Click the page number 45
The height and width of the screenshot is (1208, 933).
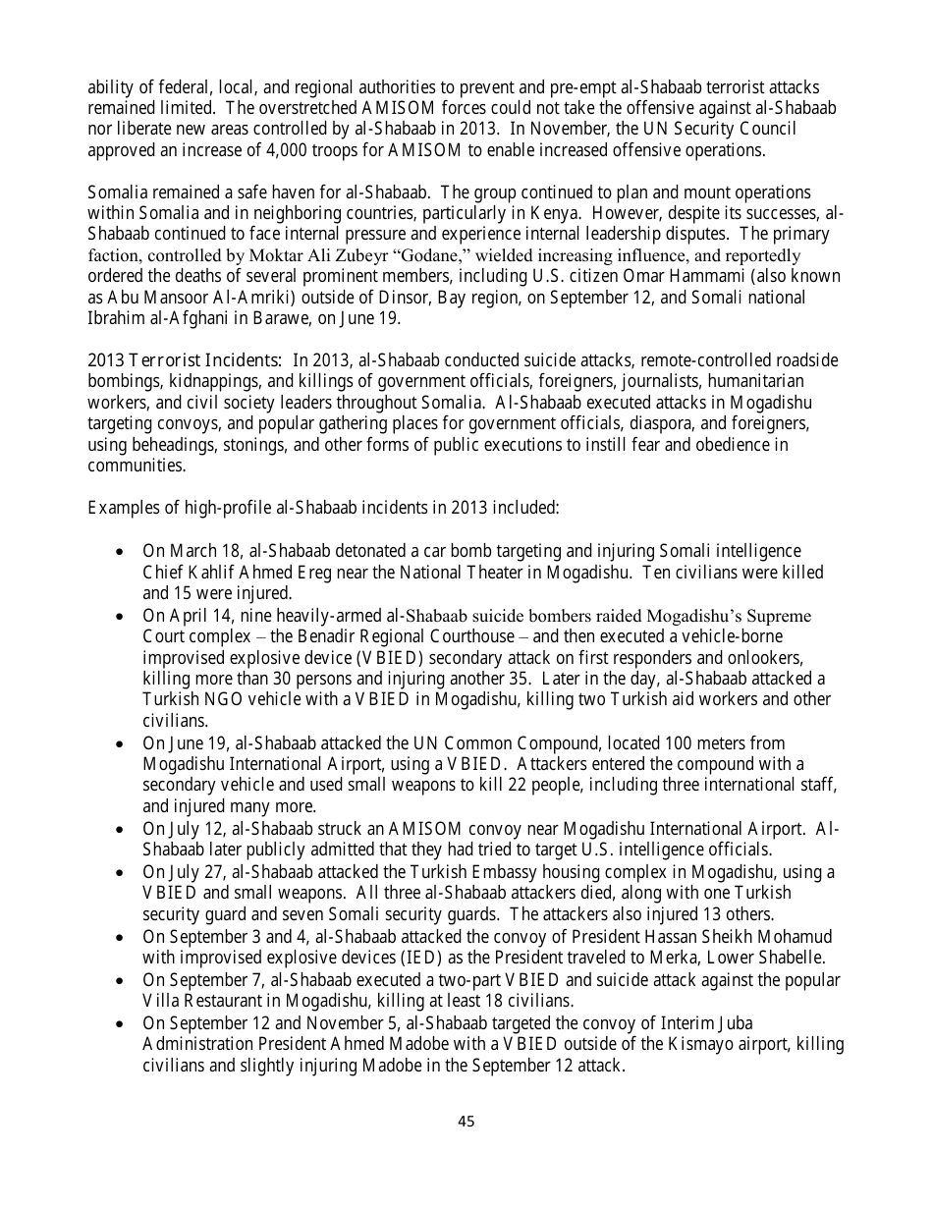pyautogui.click(x=466, y=1121)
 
